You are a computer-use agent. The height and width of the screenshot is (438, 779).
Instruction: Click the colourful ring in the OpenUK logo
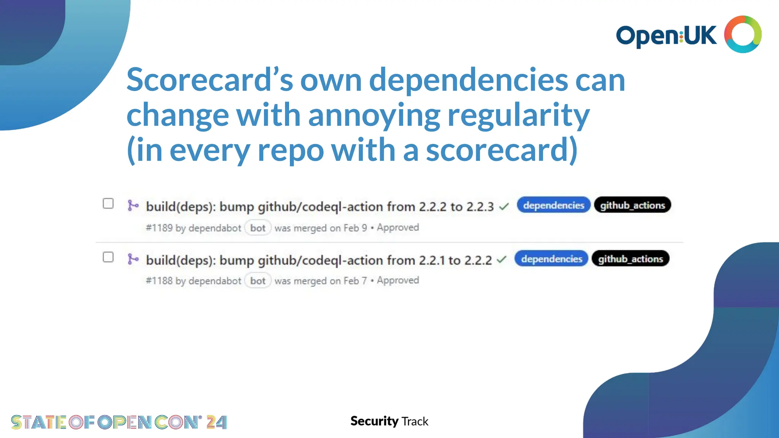coord(742,34)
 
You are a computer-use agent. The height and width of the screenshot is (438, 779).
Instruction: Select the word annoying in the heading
coord(374,115)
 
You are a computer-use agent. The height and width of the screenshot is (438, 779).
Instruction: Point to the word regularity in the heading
coord(518,115)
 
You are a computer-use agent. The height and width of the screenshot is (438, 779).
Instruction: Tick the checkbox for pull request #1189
coord(108,204)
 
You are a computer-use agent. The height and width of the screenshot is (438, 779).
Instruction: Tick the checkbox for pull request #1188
coord(108,257)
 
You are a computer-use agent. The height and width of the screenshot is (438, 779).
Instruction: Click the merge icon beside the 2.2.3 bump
coord(133,206)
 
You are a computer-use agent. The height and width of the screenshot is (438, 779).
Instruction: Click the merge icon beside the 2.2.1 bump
coord(133,259)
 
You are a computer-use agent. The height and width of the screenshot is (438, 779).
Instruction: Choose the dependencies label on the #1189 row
coord(553,205)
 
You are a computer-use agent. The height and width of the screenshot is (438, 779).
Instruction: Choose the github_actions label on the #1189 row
coord(632,205)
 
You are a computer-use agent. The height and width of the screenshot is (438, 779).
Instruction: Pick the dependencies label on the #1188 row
coord(552,259)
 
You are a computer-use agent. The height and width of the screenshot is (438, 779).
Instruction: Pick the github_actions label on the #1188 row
coord(630,259)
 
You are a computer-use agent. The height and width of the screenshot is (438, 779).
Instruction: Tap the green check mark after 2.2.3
coord(504,207)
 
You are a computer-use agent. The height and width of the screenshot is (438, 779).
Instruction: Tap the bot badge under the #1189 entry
coord(258,228)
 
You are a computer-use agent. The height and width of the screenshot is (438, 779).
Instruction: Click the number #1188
coord(159,281)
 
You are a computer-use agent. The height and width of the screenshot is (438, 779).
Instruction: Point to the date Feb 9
coord(355,228)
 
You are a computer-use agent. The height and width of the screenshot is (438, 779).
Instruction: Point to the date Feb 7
coord(355,281)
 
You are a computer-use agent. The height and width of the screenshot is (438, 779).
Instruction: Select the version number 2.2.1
coord(432,260)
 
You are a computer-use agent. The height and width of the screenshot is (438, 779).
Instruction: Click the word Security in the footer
coord(374,421)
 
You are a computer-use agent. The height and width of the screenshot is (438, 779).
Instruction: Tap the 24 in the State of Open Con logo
coord(216,422)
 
